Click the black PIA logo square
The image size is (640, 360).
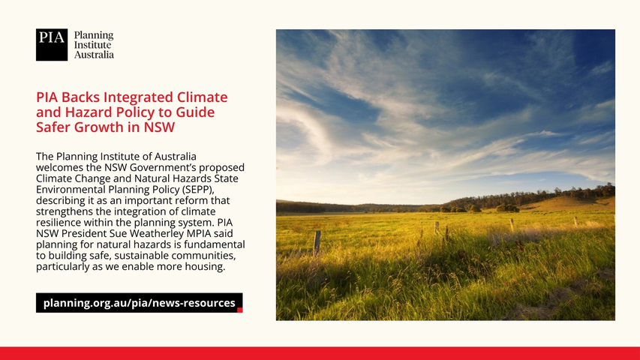pos(52,45)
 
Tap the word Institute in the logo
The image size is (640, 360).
pos(92,45)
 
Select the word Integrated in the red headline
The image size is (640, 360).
pos(138,98)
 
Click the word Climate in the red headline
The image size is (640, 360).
pos(202,97)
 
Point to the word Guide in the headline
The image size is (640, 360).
pos(195,112)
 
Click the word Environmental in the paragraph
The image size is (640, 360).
pos(71,190)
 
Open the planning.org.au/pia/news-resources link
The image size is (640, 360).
pos(140,303)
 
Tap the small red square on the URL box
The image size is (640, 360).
pos(240,310)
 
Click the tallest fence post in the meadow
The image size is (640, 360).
pos(317,242)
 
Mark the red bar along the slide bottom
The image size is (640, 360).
pos(320,353)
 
